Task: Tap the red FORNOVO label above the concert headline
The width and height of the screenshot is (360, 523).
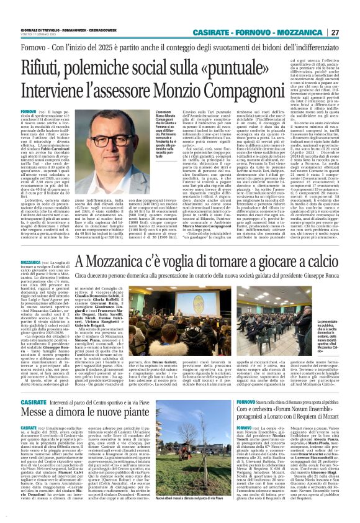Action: [246, 401]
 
